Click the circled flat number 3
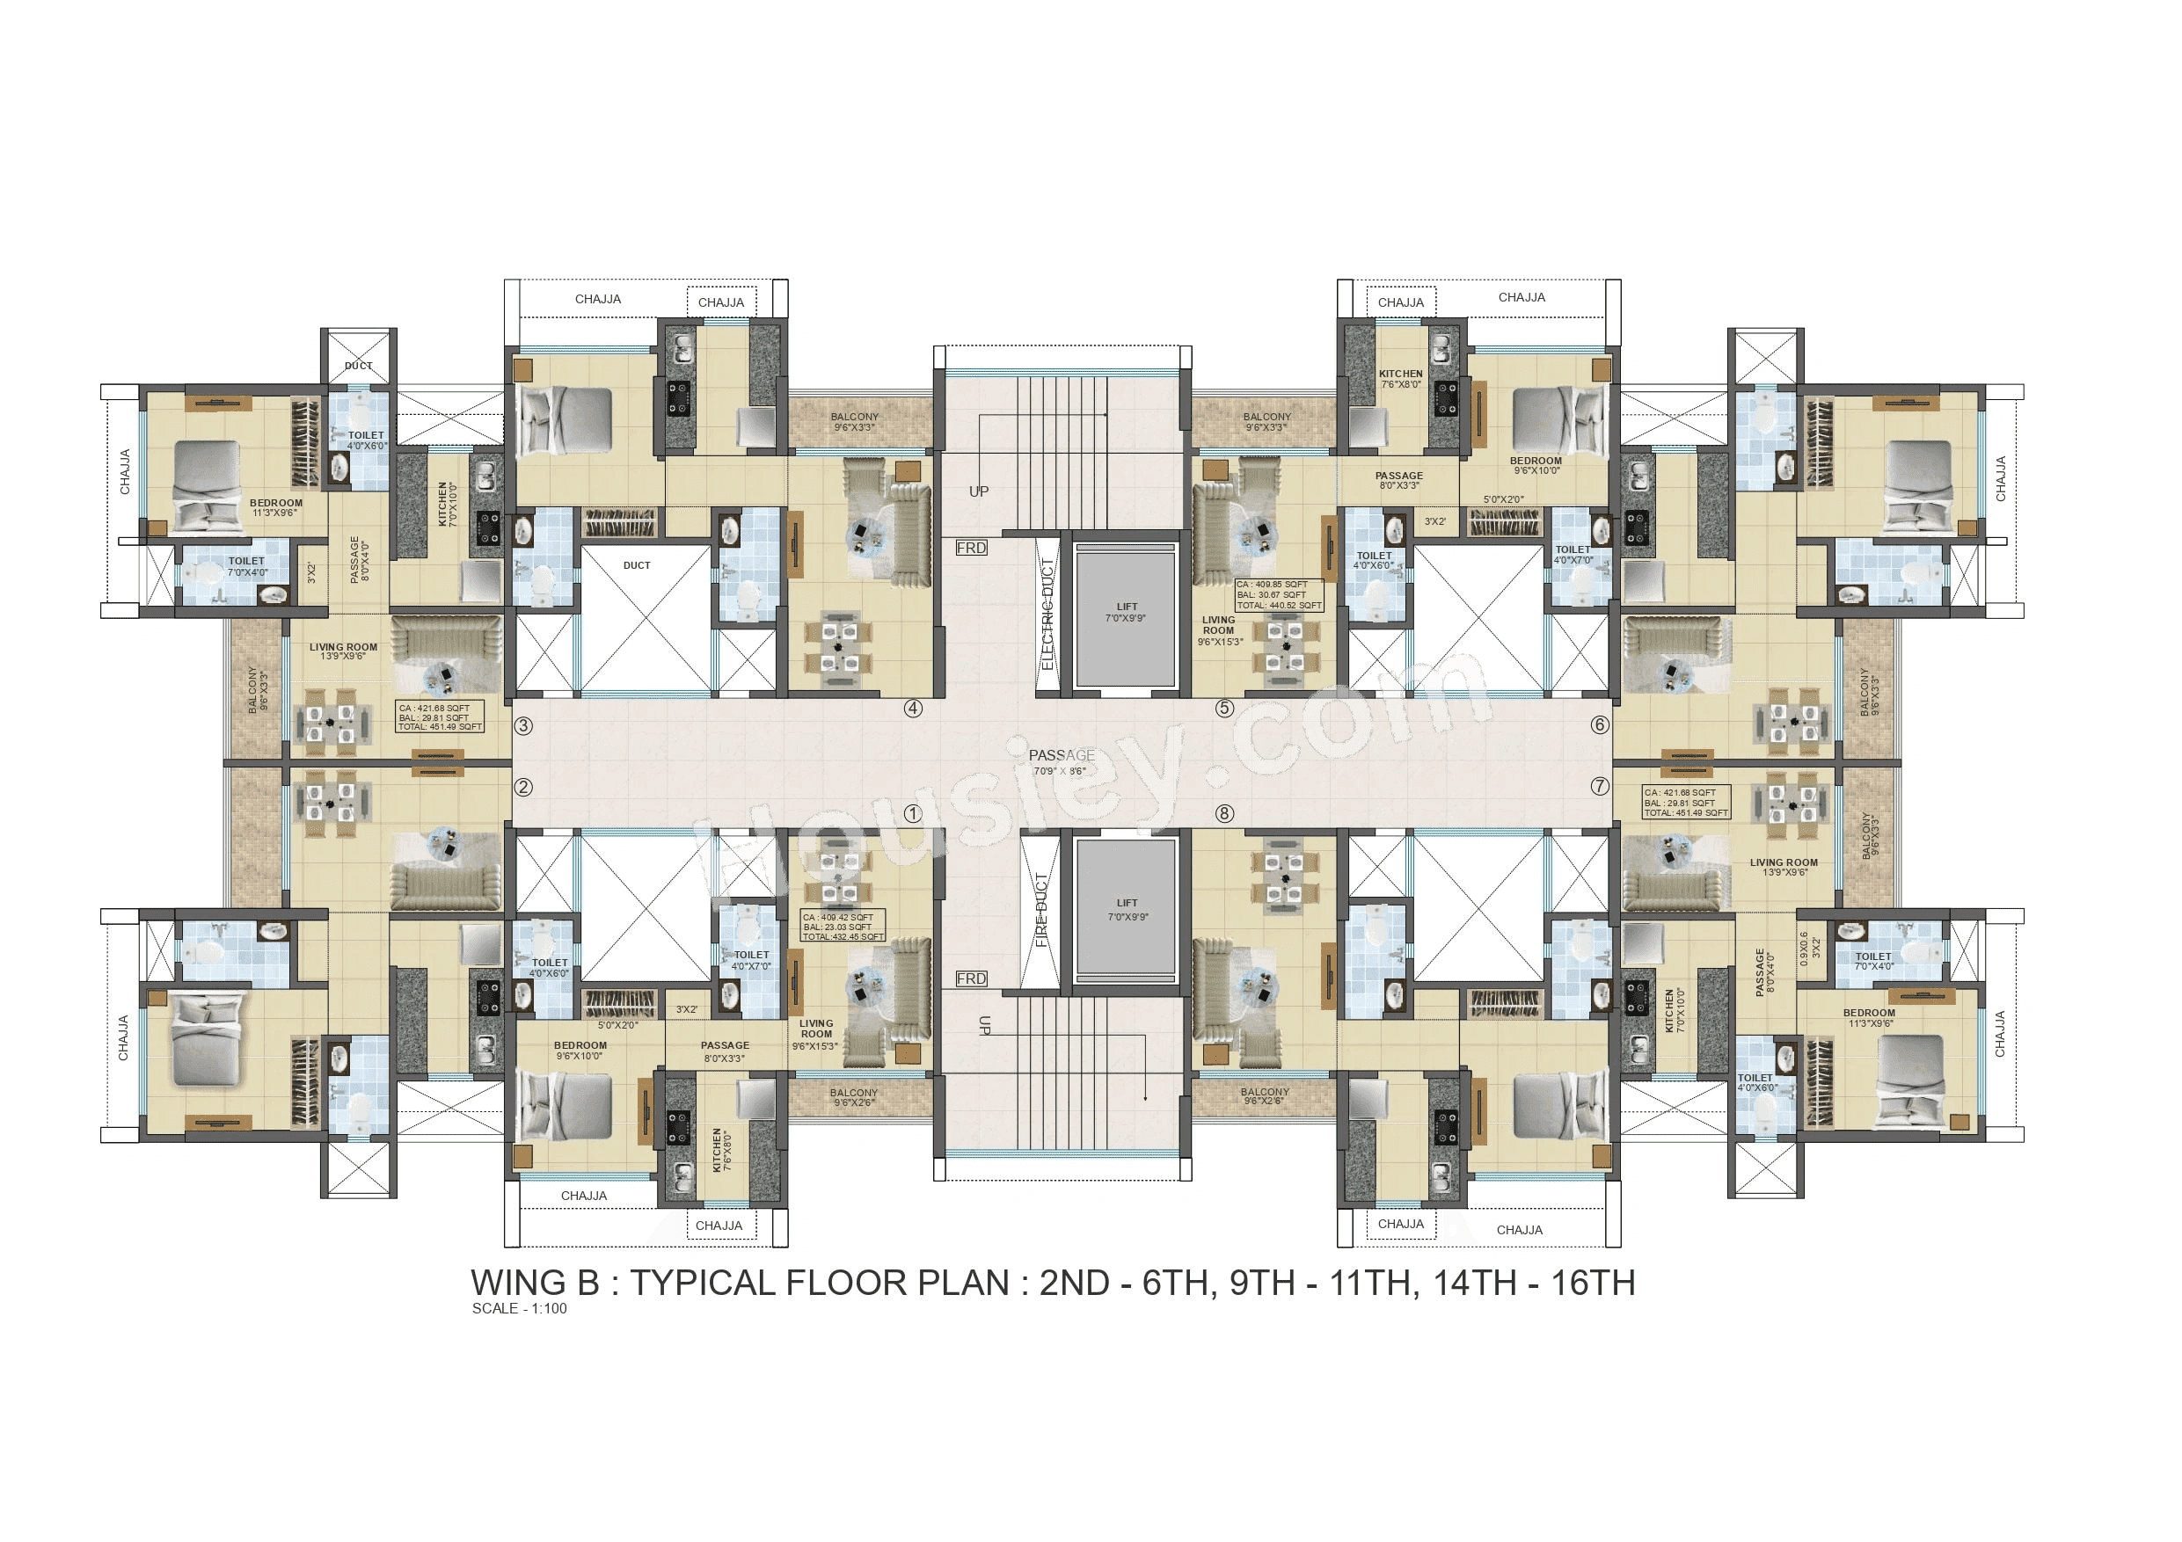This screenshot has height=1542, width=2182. (x=522, y=726)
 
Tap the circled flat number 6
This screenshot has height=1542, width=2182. (x=1600, y=725)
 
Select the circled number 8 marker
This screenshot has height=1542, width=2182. (x=1224, y=813)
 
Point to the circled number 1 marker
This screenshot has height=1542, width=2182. (x=912, y=813)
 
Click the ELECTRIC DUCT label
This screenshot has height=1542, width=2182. (x=1047, y=613)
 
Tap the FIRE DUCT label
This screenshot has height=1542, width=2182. (x=1041, y=909)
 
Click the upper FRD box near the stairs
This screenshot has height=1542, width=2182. (x=971, y=549)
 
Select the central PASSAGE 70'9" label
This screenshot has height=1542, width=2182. (x=1061, y=762)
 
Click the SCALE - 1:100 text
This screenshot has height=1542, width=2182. (x=519, y=1308)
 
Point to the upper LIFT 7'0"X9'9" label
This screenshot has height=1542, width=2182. (x=1126, y=613)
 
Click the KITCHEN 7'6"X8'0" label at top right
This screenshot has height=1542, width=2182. (x=1400, y=379)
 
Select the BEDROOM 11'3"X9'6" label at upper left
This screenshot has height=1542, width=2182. (x=275, y=507)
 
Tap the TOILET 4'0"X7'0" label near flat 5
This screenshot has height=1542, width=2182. (x=1573, y=555)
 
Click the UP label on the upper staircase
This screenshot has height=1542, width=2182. (x=979, y=491)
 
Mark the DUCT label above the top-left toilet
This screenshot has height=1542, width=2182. (x=358, y=366)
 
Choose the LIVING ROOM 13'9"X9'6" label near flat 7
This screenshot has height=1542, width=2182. (x=1783, y=867)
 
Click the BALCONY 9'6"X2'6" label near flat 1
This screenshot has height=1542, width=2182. (x=853, y=1097)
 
